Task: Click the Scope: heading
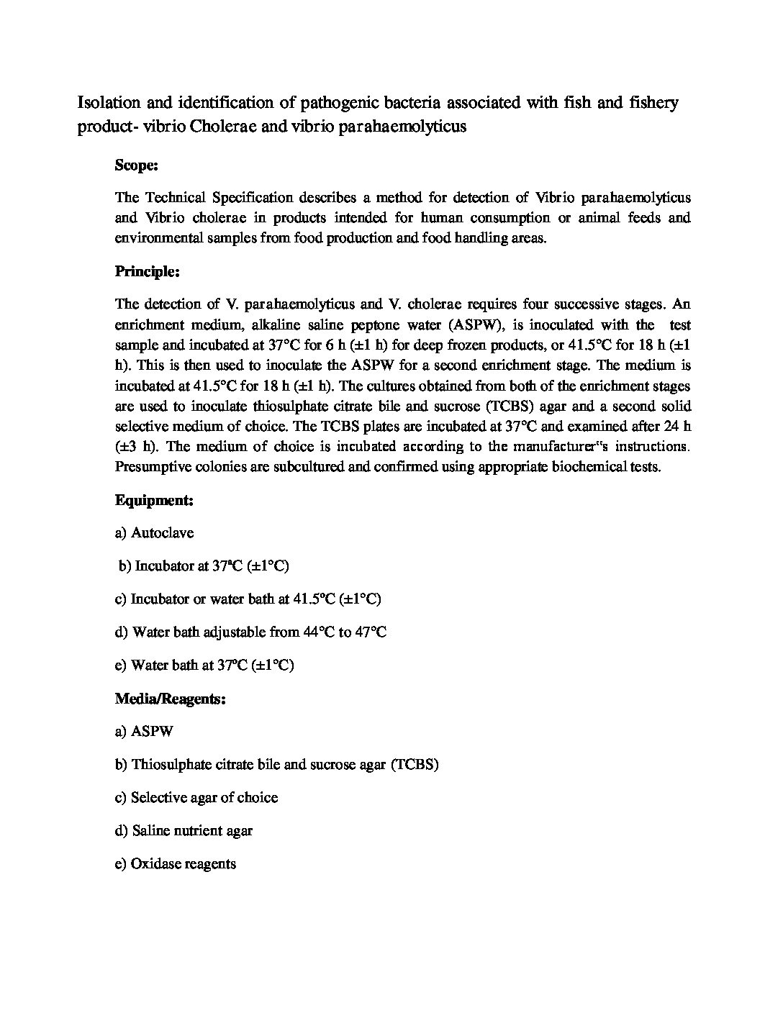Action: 136,165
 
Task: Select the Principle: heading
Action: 147,272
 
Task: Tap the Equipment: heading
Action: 153,500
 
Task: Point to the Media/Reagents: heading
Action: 170,699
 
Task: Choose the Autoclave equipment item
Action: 162,533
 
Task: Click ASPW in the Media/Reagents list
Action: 152,732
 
